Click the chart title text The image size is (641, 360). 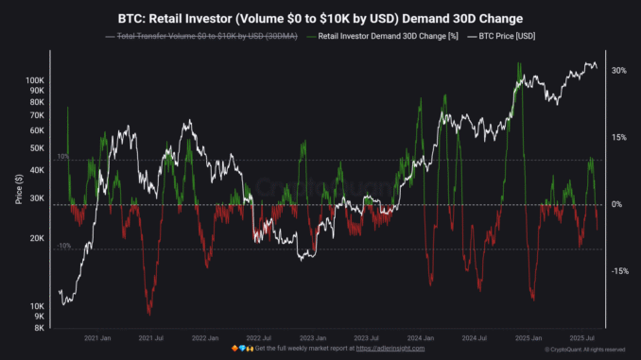pos(321,18)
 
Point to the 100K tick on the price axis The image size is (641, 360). pos(37,81)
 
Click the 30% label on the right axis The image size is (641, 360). pos(618,71)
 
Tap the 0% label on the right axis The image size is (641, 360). pos(615,204)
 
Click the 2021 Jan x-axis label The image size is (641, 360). pos(98,337)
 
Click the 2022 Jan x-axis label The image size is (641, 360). pos(205,337)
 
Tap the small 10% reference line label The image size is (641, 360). pos(62,156)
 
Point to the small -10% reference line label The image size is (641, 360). pos(63,246)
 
